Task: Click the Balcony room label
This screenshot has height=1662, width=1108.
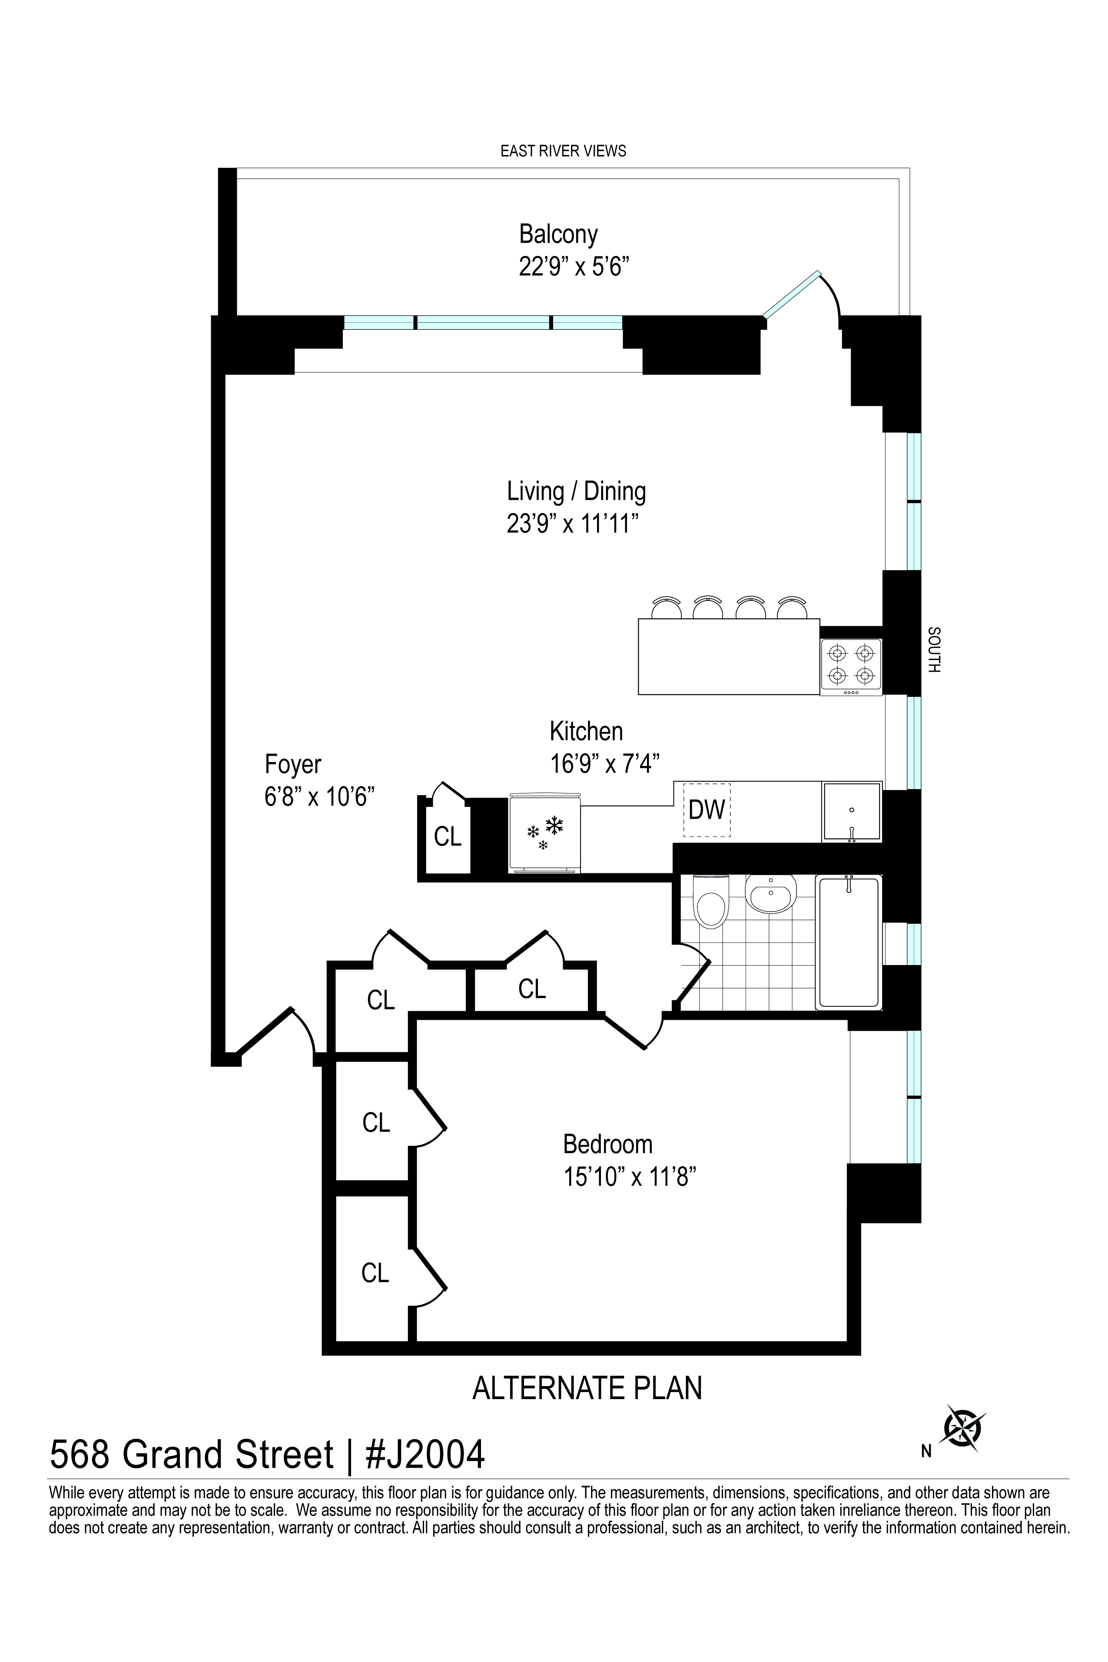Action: coord(558,234)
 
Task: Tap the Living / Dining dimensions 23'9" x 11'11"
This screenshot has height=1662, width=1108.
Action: coord(577,525)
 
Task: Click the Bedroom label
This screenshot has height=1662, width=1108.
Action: coord(608,1144)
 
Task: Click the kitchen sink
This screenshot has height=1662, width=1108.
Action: coord(852,812)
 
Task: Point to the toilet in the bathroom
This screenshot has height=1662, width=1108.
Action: coord(711,901)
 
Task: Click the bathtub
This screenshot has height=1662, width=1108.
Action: coord(849,942)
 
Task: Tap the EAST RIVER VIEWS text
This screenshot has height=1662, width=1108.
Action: coord(563,150)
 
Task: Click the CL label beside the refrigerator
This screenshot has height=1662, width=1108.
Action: coord(447,837)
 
